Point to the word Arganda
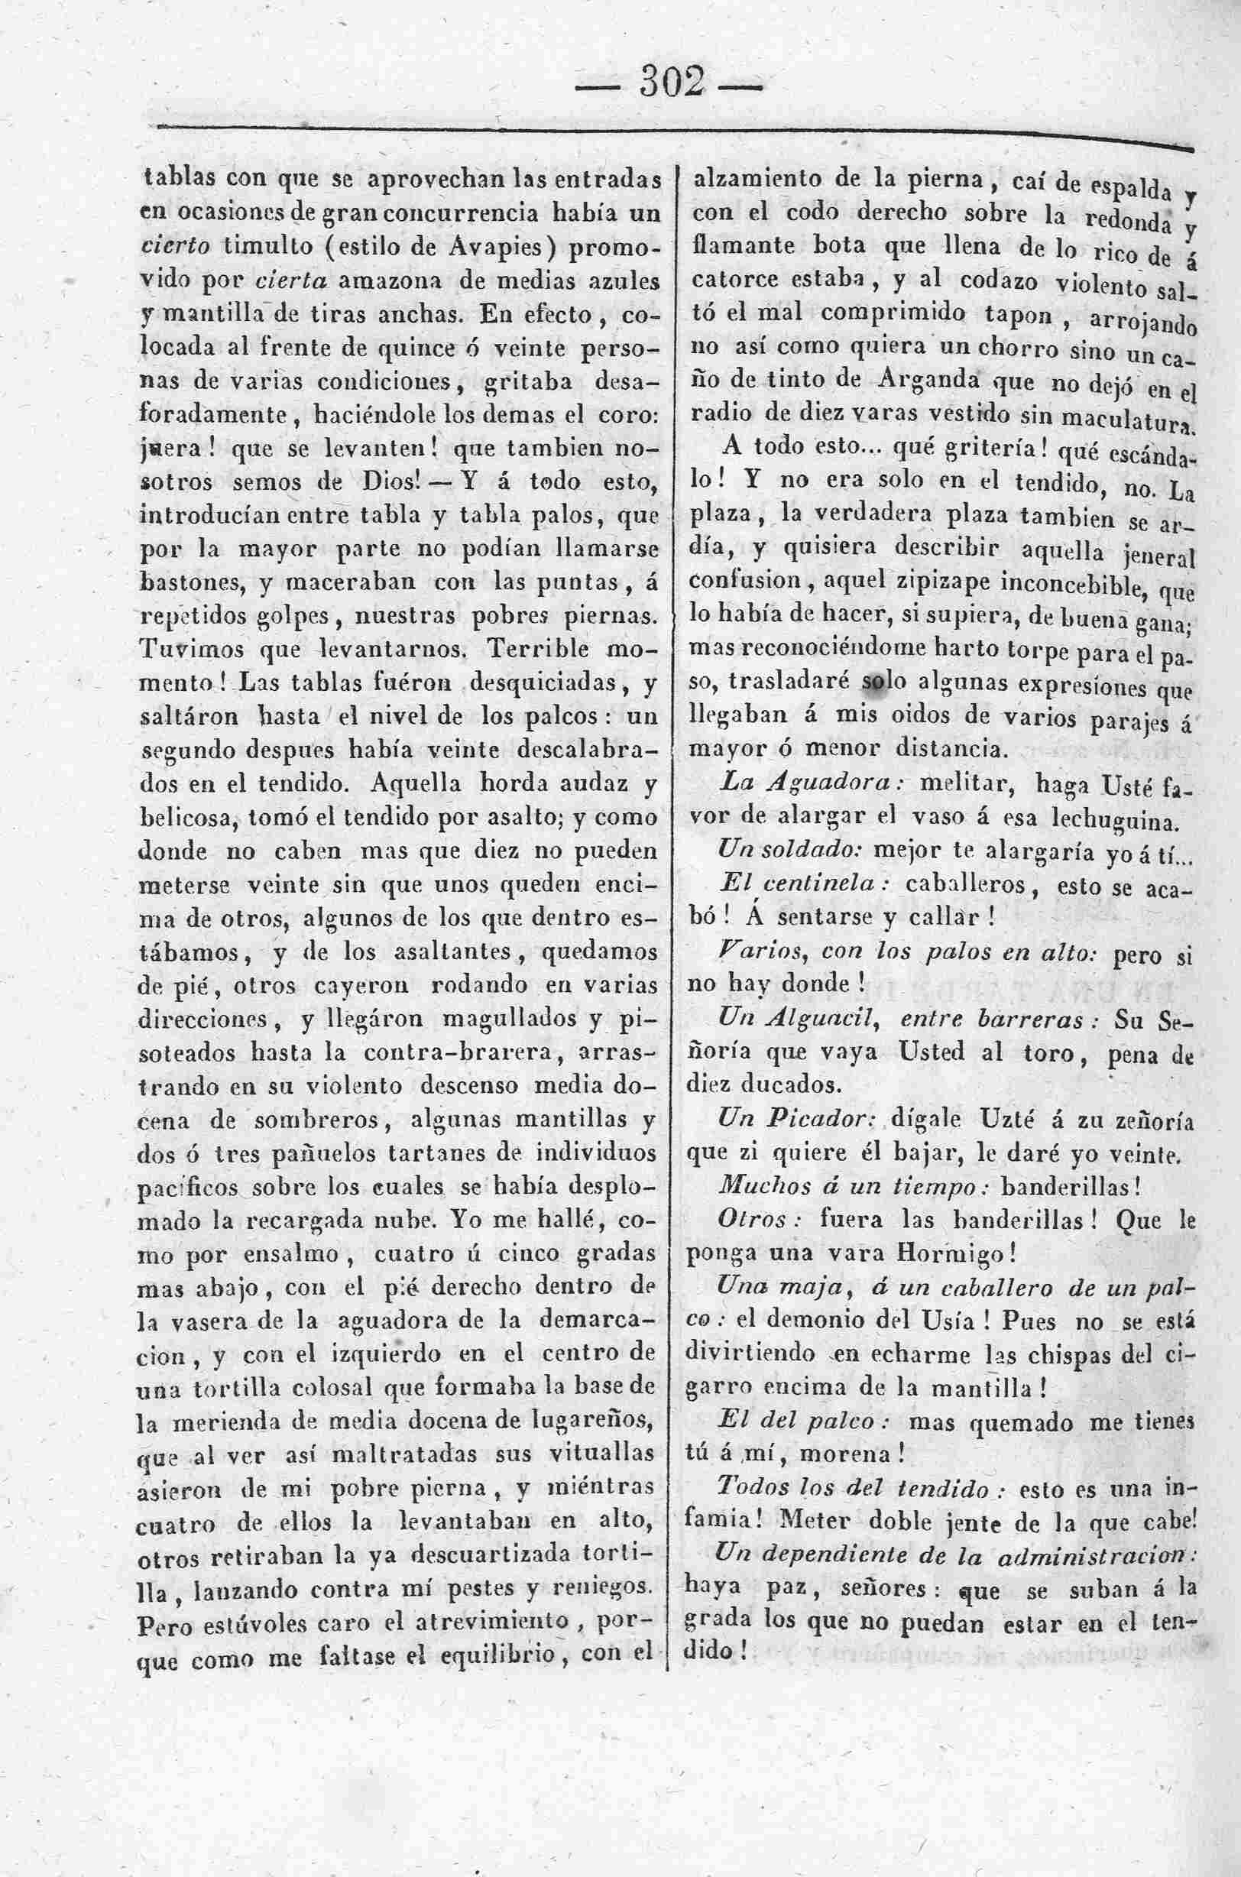click(x=921, y=381)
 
